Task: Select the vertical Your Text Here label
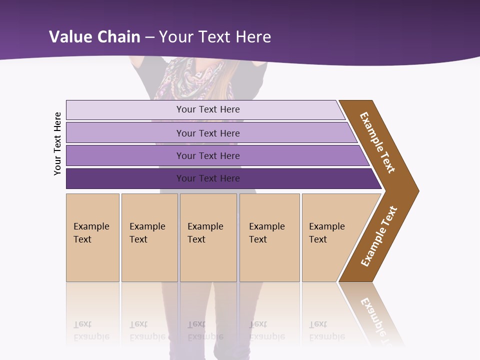pos(57,143)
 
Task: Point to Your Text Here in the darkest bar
pos(208,178)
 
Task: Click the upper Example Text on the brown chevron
pos(377,142)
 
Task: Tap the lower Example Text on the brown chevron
pos(378,236)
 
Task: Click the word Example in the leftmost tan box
pos(91,226)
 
